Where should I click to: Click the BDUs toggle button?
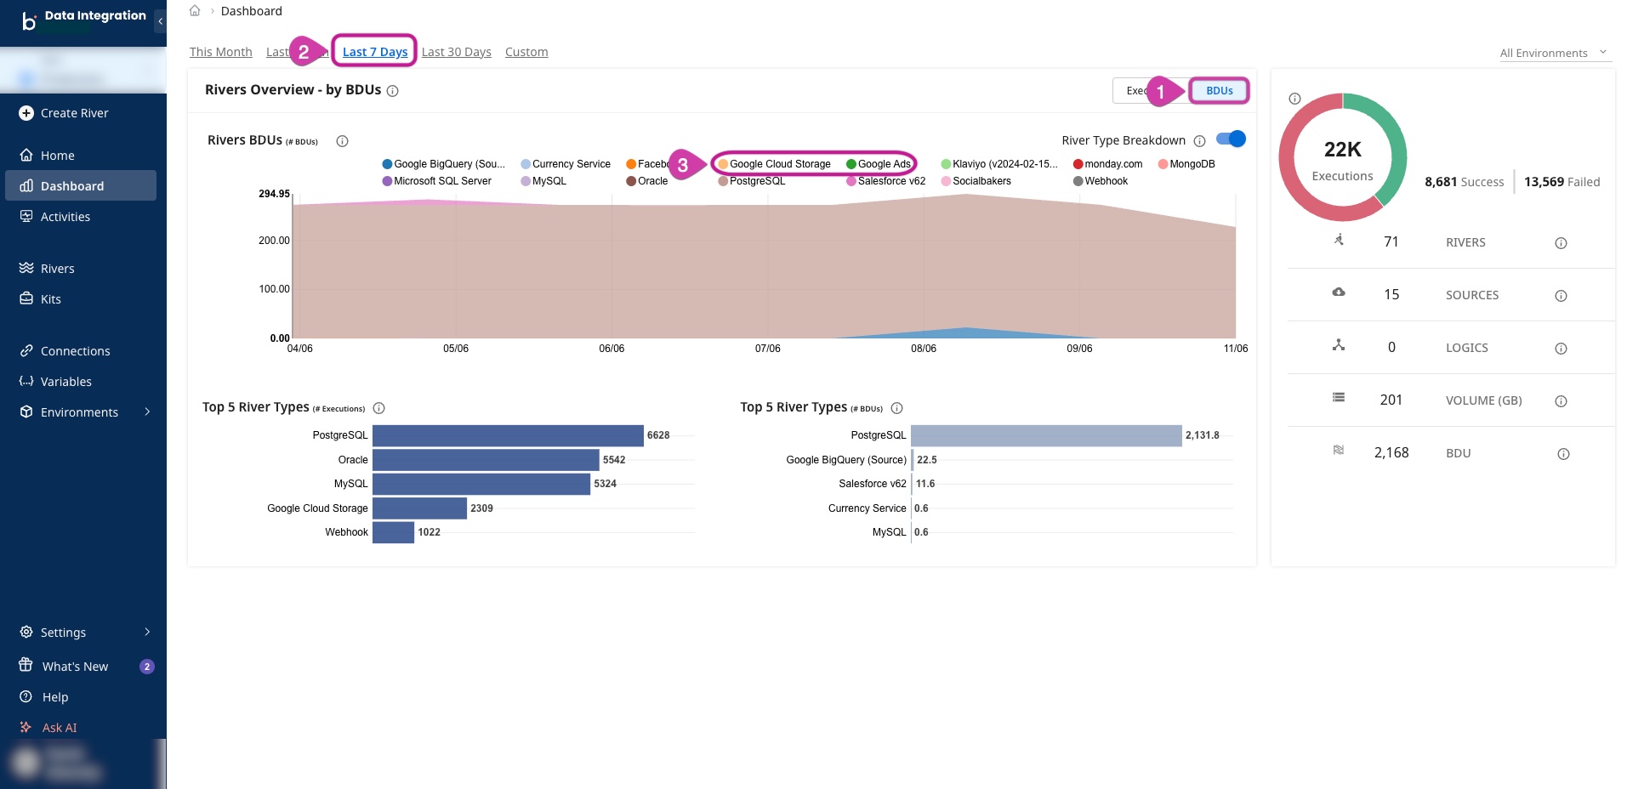pyautogui.click(x=1219, y=91)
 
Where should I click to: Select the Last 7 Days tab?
pyautogui.click(x=375, y=52)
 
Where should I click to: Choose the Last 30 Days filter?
pyautogui.click(x=456, y=52)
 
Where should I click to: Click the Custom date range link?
pyautogui.click(x=526, y=52)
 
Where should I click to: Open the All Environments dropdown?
pyautogui.click(x=1553, y=53)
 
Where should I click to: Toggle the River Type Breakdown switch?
pyautogui.click(x=1231, y=139)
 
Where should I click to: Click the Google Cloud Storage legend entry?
pyautogui.click(x=779, y=164)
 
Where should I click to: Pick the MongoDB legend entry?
pyautogui.click(x=1191, y=164)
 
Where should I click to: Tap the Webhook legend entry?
pyautogui.click(x=1105, y=181)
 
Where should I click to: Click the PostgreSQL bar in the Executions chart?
pyautogui.click(x=508, y=435)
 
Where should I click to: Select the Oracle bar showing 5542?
pyautogui.click(x=486, y=460)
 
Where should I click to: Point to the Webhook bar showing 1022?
pyautogui.click(x=393, y=532)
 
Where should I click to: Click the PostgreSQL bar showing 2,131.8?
pyautogui.click(x=1046, y=435)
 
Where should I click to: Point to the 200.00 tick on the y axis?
pyautogui.click(x=274, y=241)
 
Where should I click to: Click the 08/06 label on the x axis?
pyautogui.click(x=924, y=349)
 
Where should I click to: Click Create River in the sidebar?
pyautogui.click(x=74, y=113)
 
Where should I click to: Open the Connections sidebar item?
pyautogui.click(x=75, y=351)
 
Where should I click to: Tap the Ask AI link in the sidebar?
pyautogui.click(x=60, y=728)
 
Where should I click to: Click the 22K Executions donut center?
pyautogui.click(x=1342, y=161)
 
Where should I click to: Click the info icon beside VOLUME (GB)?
pyautogui.click(x=1561, y=401)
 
